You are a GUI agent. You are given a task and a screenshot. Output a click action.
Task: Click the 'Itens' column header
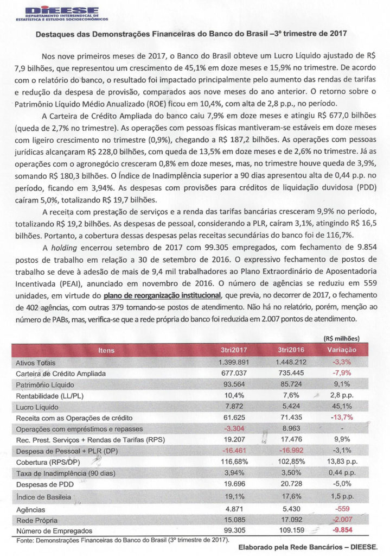(x=106, y=351)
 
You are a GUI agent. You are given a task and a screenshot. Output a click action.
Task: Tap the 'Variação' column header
(x=341, y=351)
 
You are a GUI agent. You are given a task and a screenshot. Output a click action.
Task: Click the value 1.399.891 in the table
(x=234, y=362)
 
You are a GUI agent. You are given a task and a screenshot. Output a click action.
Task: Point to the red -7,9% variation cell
(x=341, y=374)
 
